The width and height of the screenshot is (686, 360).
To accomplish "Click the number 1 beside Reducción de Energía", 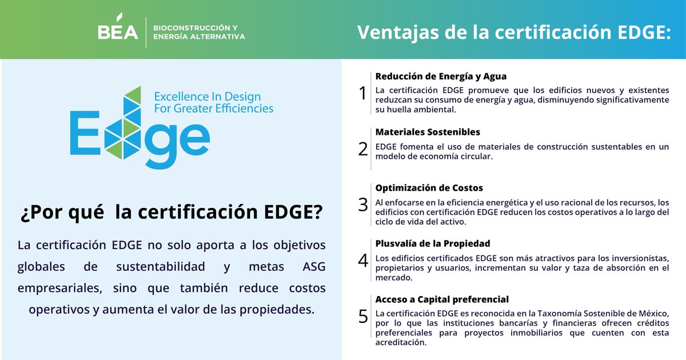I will (362, 93).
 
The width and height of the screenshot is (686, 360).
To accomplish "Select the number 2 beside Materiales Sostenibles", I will (362, 149).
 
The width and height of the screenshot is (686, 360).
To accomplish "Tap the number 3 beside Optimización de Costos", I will (362, 205).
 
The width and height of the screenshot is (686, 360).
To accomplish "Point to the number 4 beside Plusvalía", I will (362, 261).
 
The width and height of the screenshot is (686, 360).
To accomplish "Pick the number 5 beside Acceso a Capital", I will (362, 317).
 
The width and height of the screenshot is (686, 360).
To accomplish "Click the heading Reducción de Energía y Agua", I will (441, 76).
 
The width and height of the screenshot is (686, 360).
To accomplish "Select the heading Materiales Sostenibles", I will (428, 132).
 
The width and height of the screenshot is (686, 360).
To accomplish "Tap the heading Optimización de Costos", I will (429, 187).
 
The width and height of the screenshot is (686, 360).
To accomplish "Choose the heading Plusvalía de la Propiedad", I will (432, 243).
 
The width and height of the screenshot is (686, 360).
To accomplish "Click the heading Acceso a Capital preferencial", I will (442, 299).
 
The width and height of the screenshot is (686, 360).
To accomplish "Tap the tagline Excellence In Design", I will (208, 96).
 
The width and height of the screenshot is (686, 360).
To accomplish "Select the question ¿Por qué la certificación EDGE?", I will (171, 213).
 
